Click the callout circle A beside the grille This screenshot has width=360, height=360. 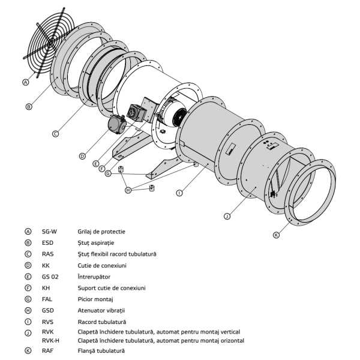pos(26,82)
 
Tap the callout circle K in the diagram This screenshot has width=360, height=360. pos(276,235)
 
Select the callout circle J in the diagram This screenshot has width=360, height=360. pos(227,216)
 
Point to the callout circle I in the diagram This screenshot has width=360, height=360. pos(179,193)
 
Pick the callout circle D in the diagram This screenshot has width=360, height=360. pos(82,155)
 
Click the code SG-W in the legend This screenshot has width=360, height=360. pos(49,231)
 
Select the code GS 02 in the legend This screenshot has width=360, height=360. pos(50,277)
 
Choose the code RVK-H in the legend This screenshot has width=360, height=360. pos(50,340)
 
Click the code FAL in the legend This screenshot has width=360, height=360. pos(47,299)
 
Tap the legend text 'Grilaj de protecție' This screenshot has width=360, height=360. pos(101,231)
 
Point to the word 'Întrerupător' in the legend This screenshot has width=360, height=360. pos(94,277)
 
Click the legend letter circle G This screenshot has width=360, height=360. pos(28,299)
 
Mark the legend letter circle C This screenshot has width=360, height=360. pos(28,254)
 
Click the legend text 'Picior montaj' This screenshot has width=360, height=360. pos(96,299)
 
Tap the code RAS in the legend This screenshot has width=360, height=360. pos(48,254)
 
